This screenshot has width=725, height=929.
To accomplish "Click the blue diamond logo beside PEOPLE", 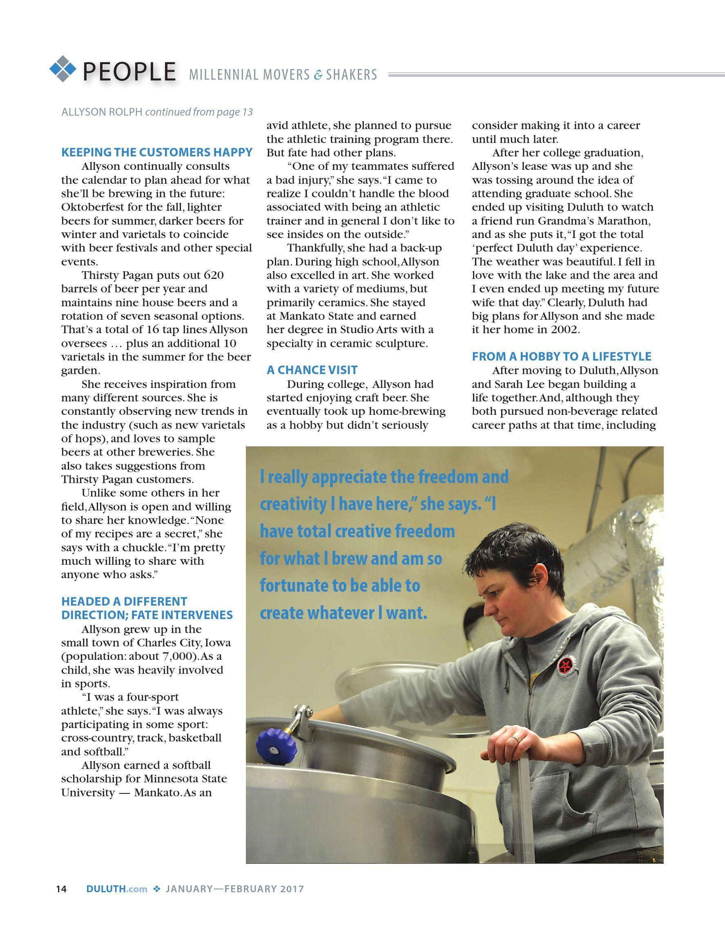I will coord(63,69).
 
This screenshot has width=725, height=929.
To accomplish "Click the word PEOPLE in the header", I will coord(129,71).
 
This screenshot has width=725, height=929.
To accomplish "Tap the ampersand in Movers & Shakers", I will coord(318,75).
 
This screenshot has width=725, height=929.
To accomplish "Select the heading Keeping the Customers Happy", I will coord(157,152).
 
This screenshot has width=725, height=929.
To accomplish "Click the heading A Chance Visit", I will coord(312,370).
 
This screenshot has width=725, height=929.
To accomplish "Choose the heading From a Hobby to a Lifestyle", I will coord(562,356).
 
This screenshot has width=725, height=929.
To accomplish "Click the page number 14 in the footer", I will coord(61,889).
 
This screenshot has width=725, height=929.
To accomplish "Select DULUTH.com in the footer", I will coord(116,889).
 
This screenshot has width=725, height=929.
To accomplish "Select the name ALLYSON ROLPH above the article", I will coord(102,112).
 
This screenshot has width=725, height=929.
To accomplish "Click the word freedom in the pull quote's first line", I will coord(444,477).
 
